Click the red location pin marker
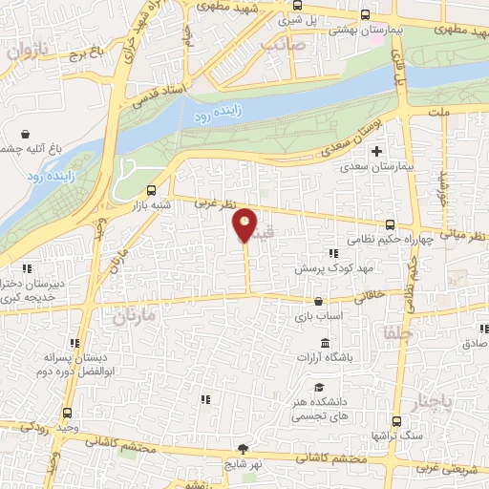coord(245,224)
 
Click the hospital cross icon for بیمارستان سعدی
coord(377,151)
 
